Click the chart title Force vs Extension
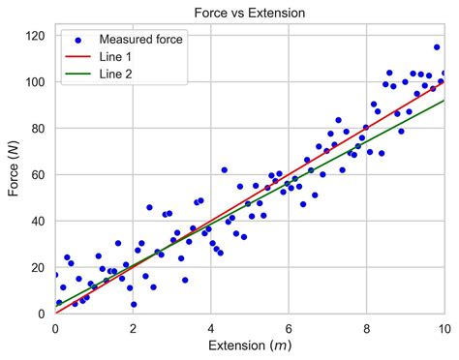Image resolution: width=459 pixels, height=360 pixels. [x=250, y=14]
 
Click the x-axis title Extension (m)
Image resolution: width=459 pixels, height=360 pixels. [x=250, y=345]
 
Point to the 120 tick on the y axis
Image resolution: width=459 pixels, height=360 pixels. [x=37, y=36]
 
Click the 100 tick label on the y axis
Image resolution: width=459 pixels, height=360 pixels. [x=37, y=82]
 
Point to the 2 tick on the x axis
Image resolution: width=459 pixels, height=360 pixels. [x=134, y=327]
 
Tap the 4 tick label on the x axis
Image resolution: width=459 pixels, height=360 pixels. [x=211, y=327]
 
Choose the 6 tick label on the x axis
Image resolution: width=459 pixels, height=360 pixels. [x=289, y=327]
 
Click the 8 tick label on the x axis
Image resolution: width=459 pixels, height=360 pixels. [x=366, y=327]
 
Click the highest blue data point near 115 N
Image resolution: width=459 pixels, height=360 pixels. [x=437, y=46]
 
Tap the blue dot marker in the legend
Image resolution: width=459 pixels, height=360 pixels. [x=78, y=40]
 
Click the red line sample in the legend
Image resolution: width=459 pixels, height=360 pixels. [x=78, y=57]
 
